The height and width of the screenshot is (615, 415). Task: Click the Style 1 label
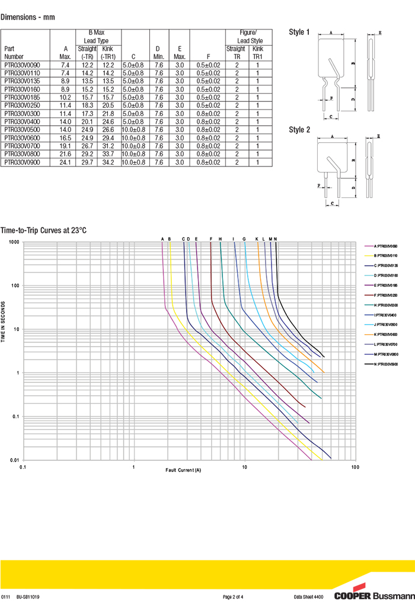pos(299,32)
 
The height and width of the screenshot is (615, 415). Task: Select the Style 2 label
pos(299,130)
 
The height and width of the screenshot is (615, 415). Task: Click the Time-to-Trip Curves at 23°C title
pos(43,230)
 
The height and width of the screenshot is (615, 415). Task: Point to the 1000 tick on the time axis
pos(14,242)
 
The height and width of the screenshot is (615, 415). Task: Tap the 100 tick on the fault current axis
pos(355,467)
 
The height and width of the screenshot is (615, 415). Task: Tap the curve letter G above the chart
pos(244,239)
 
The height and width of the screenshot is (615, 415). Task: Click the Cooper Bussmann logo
pos(373,596)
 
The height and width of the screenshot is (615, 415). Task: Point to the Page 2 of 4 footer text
pos(233,597)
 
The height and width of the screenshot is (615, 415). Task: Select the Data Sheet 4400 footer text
pos(309,597)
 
